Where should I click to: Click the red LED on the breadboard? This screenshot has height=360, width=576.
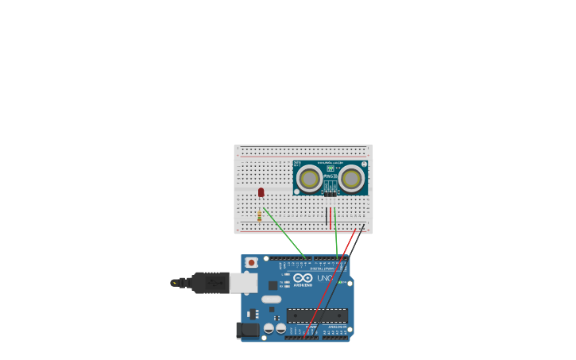[261, 192]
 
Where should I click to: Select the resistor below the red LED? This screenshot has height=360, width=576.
[259, 215]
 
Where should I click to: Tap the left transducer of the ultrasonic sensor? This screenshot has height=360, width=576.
[309, 178]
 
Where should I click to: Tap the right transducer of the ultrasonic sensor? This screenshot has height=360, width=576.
[351, 178]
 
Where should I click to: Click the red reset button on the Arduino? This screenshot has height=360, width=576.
[252, 262]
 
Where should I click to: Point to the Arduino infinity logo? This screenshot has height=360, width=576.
[303, 278]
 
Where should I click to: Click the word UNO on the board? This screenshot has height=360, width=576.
[325, 278]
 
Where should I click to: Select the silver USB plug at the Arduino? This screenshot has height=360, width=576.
[243, 282]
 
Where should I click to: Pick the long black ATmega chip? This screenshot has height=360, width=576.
[317, 315]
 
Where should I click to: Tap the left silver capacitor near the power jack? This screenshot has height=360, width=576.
[269, 327]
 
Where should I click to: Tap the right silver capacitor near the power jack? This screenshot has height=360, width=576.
[280, 327]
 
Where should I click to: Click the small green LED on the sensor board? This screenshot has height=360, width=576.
[330, 168]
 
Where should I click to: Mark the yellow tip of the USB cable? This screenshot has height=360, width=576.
[174, 282]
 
